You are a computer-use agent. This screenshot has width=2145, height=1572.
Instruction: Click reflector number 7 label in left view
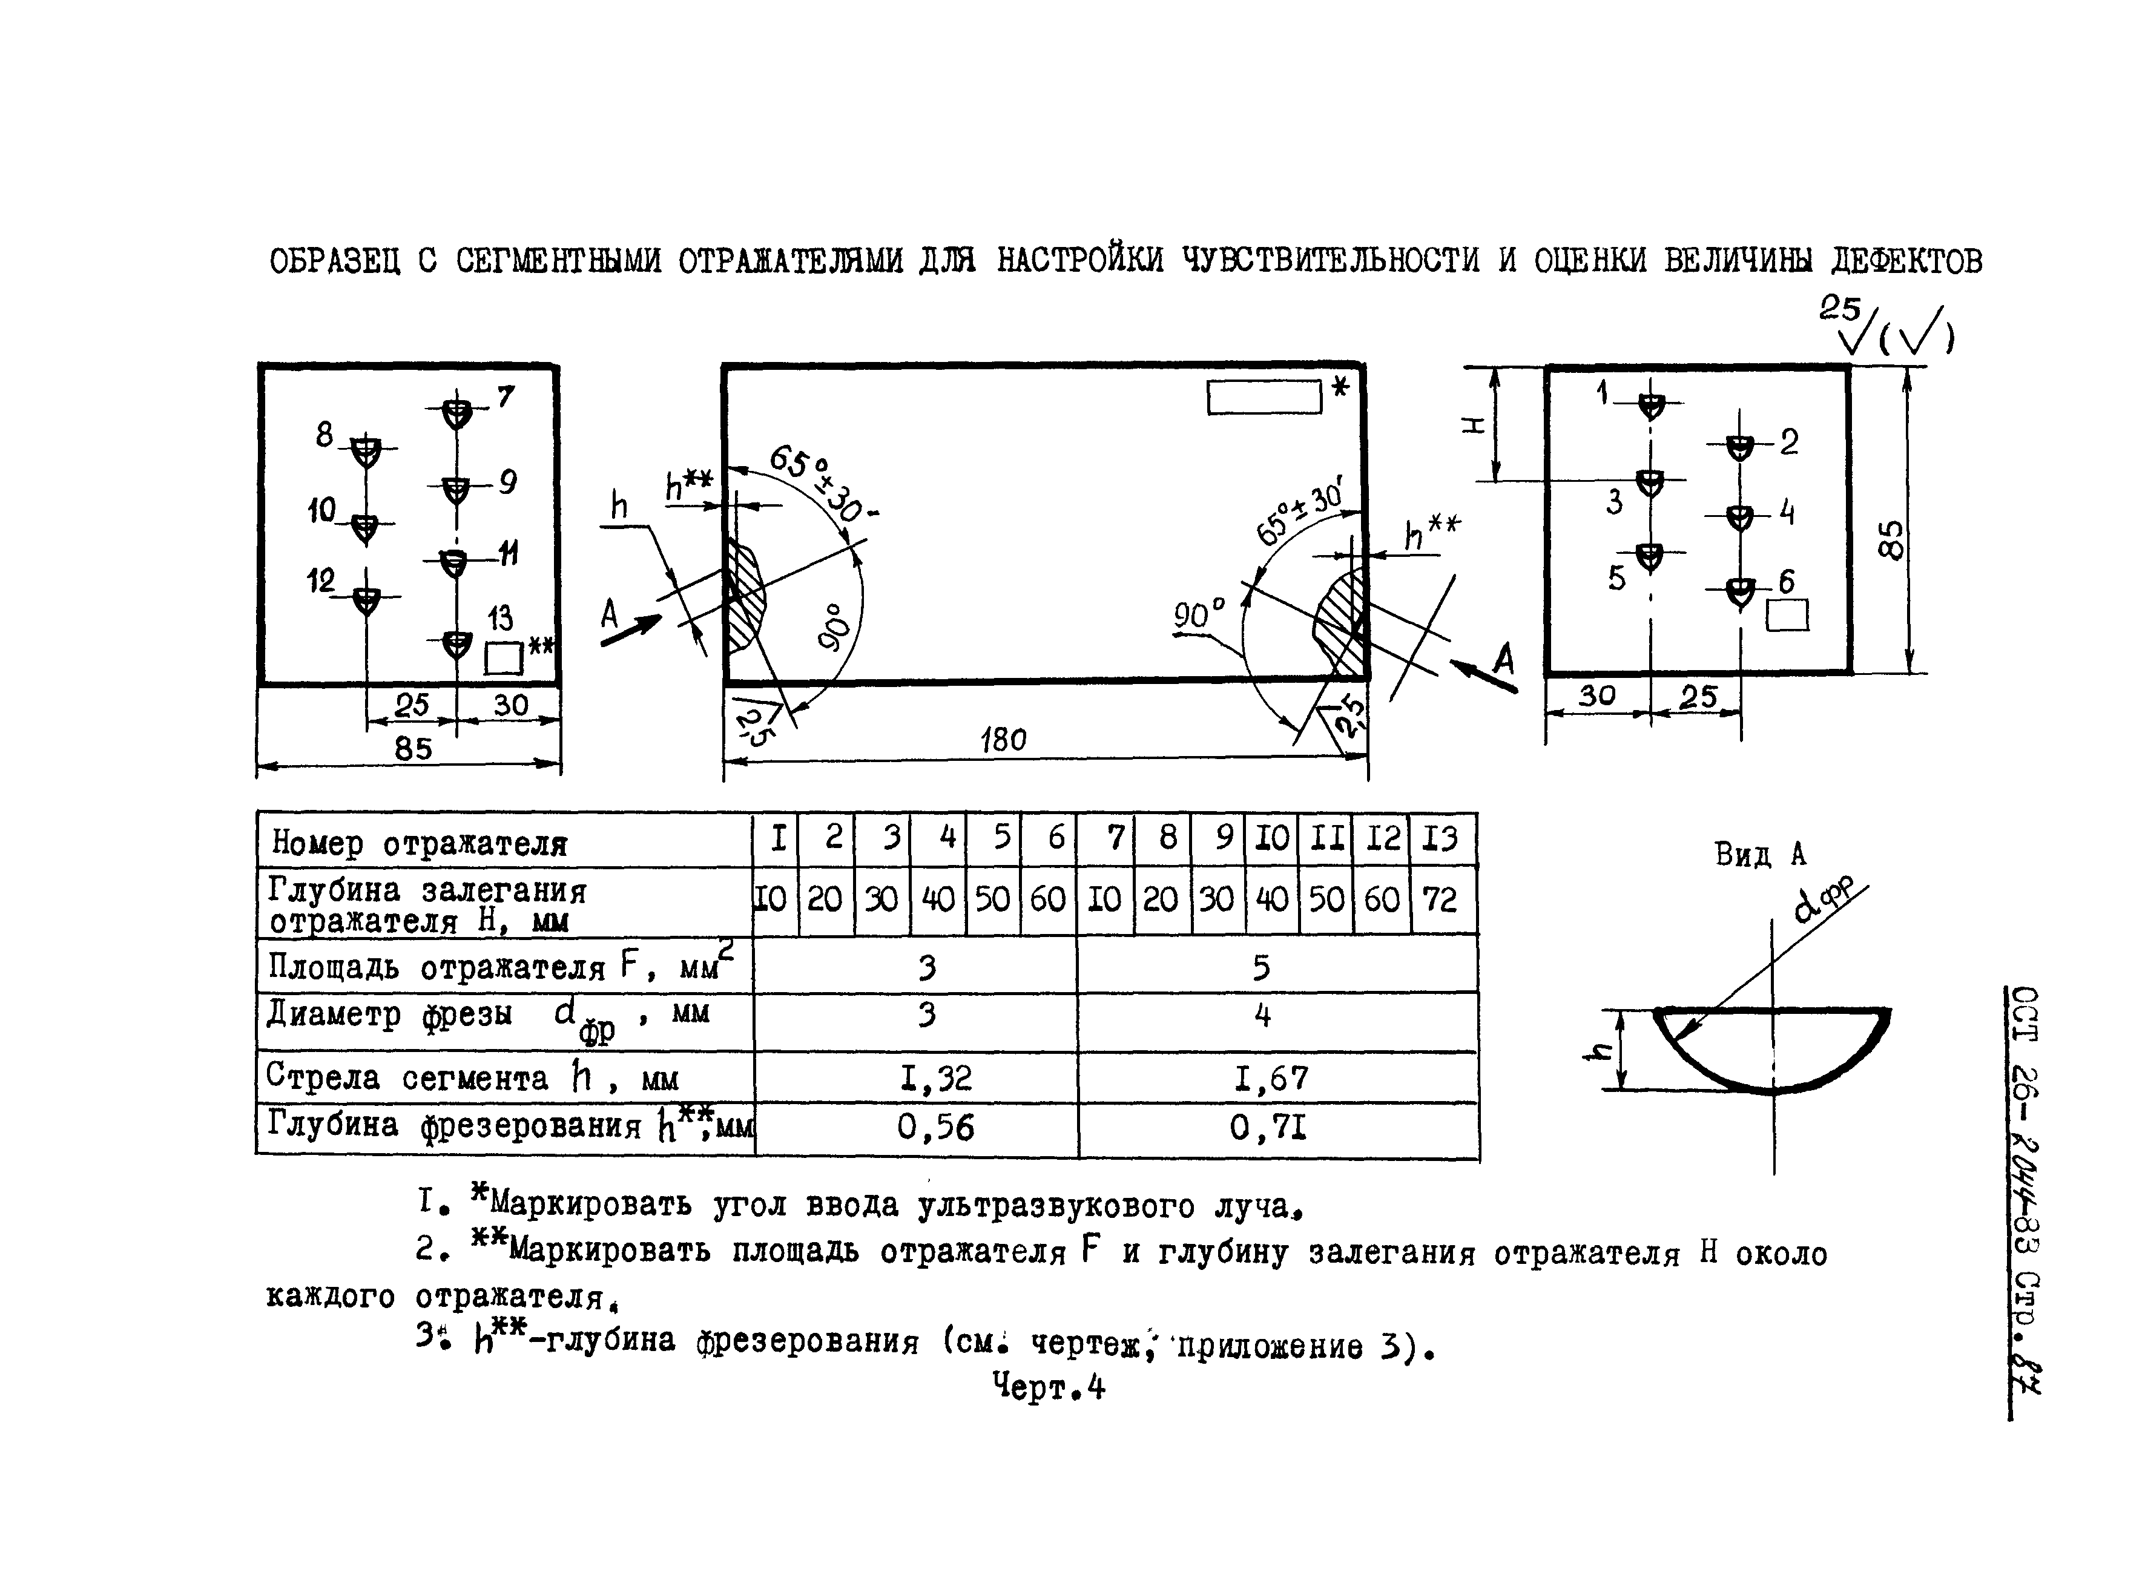click(x=506, y=396)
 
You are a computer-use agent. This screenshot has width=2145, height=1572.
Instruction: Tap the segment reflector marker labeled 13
click(x=458, y=643)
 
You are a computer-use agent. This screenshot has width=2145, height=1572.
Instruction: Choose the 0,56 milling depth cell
click(x=935, y=1128)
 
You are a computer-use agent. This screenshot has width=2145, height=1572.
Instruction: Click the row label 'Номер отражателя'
click(x=419, y=843)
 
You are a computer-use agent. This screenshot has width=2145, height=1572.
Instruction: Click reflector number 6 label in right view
click(x=1786, y=582)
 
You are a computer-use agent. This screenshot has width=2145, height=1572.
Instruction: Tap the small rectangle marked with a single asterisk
click(x=1264, y=397)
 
